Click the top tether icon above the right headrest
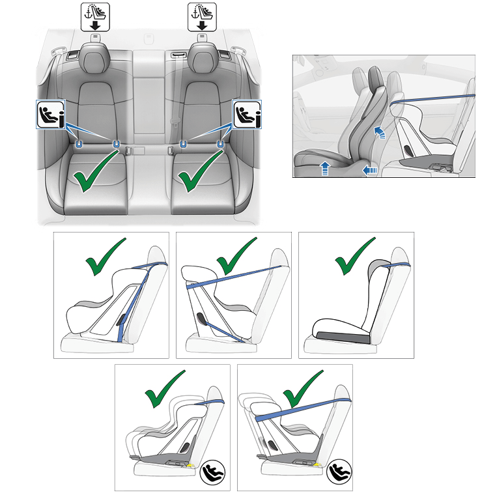coord(201,16)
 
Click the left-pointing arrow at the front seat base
coord(370,171)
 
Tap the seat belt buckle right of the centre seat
coord(172,150)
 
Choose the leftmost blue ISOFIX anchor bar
coord(79,142)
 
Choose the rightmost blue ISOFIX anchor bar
coord(219,142)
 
